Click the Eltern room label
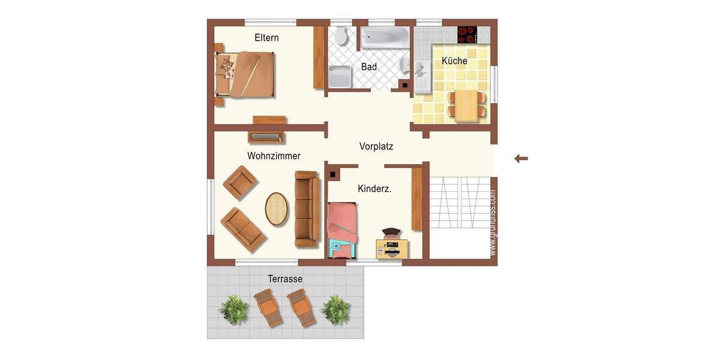tap(266, 38)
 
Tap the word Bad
tap(369, 67)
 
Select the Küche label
tap(454, 61)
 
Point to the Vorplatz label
tap(376, 146)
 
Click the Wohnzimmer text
tap(274, 156)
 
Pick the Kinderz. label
tap(374, 188)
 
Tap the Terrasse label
tap(285, 279)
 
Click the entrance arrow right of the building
tap(521, 158)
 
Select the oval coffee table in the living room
tap(277, 208)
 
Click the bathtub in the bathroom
tap(385, 38)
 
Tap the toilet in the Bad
tap(341, 37)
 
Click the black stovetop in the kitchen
tap(467, 34)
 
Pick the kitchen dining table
tap(466, 106)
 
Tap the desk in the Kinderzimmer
tap(392, 248)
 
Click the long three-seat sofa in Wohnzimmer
tap(306, 209)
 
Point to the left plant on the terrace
tap(233, 310)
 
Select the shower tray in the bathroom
tap(340, 77)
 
